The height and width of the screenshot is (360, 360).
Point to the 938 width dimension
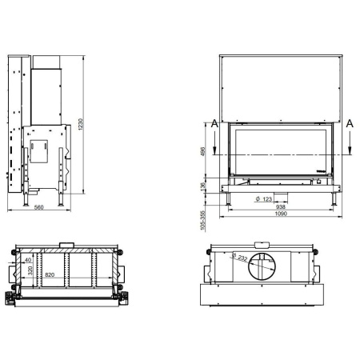(282, 206)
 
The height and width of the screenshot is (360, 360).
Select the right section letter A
(350, 124)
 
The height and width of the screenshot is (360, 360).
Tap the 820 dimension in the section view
(51, 274)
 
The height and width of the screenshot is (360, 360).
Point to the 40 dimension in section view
(30, 260)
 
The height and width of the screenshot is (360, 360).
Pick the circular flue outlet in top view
(260, 266)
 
